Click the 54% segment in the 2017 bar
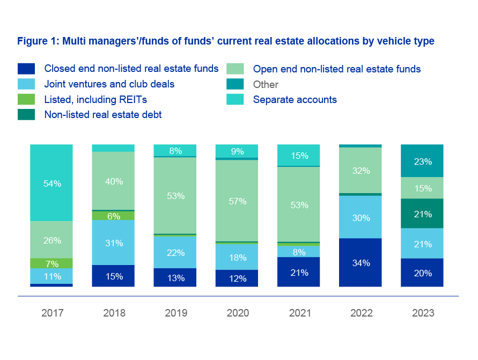click(x=52, y=183)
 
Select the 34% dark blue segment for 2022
click(x=361, y=263)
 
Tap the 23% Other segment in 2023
click(x=422, y=160)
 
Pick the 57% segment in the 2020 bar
click(x=237, y=201)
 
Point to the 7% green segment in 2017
click(x=52, y=263)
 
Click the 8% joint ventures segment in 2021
click(x=298, y=251)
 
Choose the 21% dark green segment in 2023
click(x=422, y=214)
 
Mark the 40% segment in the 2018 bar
click(x=113, y=181)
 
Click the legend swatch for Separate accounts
click(x=236, y=99)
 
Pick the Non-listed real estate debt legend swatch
click(x=26, y=114)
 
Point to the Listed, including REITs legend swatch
click(x=26, y=99)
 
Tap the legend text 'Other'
click(x=266, y=84)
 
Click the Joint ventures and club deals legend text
click(x=109, y=84)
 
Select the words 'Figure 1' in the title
click(x=38, y=41)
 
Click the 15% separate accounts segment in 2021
click(x=298, y=156)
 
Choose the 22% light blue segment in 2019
click(x=175, y=252)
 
